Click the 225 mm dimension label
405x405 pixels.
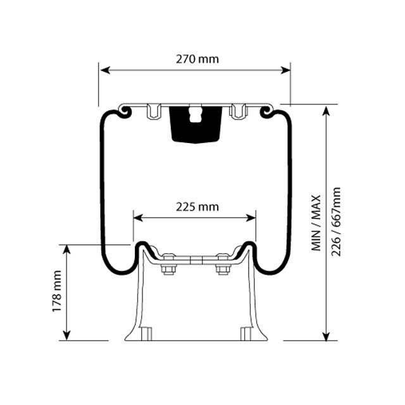(x=197, y=207)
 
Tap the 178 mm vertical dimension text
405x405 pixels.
(x=57, y=291)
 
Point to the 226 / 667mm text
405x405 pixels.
(x=336, y=221)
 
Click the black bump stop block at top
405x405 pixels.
(x=196, y=123)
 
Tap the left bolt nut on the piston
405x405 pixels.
(x=168, y=269)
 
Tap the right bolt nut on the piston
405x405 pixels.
(x=223, y=269)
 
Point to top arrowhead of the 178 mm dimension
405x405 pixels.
(x=66, y=249)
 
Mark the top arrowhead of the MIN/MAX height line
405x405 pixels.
(x=327, y=110)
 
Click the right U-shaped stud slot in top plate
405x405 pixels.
(x=238, y=112)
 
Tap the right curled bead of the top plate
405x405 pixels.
(x=267, y=112)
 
